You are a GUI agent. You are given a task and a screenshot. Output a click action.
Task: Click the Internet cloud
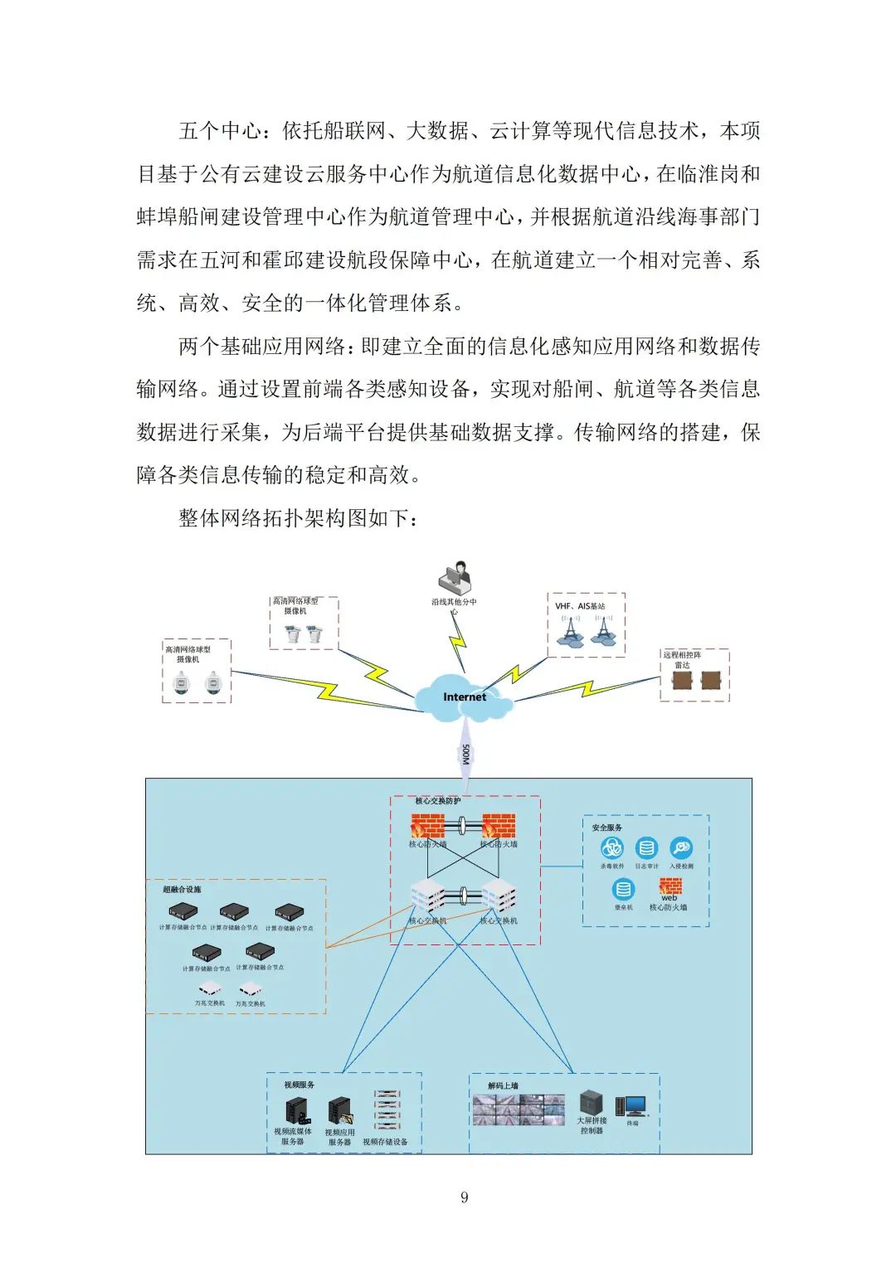(464, 695)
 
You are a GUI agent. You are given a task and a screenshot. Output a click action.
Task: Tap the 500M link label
(466, 755)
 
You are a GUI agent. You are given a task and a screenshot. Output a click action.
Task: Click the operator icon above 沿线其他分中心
(455, 577)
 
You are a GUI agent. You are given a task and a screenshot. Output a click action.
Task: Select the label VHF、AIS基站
(580, 606)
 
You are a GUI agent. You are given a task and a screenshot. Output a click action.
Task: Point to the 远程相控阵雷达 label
(682, 660)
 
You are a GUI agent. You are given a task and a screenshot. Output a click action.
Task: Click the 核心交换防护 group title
(437, 801)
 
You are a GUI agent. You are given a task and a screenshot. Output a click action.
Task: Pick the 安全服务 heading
(607, 828)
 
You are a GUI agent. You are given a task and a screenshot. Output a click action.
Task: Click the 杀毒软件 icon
(612, 848)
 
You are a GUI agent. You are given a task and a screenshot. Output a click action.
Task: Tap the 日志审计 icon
(646, 848)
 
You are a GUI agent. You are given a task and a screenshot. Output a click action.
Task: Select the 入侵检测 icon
(681, 848)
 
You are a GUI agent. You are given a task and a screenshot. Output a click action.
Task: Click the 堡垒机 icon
(623, 890)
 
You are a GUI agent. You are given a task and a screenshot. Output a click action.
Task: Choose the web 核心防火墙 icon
(670, 887)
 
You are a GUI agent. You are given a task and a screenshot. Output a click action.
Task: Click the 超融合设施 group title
(182, 890)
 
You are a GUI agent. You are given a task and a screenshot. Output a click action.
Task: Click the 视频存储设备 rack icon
(386, 1109)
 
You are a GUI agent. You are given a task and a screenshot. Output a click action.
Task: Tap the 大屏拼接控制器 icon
(591, 1102)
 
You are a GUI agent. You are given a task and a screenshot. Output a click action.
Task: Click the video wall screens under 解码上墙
(518, 1109)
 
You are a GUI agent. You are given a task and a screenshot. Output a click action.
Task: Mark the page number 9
(464, 1197)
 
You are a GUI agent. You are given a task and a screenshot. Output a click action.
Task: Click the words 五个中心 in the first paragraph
(221, 131)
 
